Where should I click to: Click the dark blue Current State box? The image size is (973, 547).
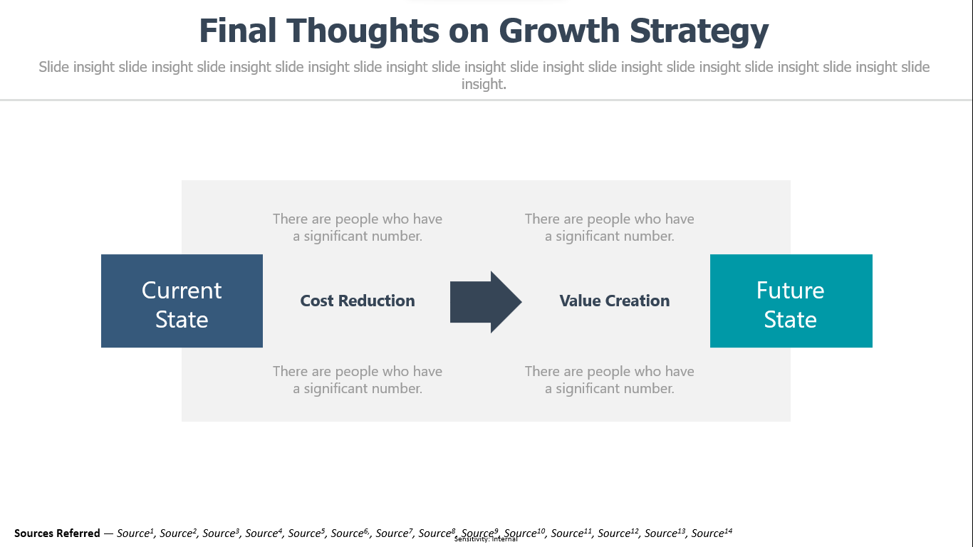coord(182,301)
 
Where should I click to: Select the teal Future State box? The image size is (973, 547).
coord(791,301)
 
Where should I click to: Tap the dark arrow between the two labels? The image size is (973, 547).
coord(486,302)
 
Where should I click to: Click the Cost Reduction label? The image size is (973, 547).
coord(358,301)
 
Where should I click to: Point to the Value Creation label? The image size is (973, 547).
coord(615,301)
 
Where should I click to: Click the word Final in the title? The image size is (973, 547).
coord(238,31)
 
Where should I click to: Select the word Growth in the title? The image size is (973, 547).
coord(559,31)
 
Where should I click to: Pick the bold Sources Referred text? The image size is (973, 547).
coord(57,533)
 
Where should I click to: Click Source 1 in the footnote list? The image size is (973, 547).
coord(135,533)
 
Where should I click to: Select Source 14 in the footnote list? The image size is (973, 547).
coord(712,533)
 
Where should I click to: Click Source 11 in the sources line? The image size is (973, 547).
coord(571,533)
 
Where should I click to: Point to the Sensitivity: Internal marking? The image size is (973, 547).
coord(486,539)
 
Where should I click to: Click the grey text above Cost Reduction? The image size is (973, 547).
coord(358,227)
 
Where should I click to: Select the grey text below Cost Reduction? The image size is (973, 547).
coord(358,380)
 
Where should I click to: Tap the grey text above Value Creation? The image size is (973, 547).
coord(610,227)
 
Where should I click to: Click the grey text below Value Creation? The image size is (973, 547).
coord(610,380)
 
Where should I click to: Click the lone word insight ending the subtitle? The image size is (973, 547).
coord(484,84)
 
